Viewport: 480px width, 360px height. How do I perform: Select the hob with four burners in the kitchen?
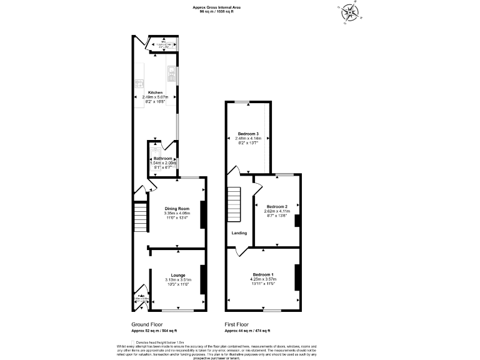(138, 83)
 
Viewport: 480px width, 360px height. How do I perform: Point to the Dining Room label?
(177, 209)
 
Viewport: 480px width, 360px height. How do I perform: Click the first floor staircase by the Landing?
(234, 204)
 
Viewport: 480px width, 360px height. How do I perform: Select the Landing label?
(239, 233)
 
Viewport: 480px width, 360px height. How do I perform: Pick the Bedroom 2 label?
(276, 206)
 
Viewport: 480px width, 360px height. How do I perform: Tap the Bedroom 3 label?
(247, 134)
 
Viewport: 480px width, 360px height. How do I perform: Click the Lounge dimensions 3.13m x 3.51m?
(178, 279)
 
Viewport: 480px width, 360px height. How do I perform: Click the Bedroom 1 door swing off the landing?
(237, 252)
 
